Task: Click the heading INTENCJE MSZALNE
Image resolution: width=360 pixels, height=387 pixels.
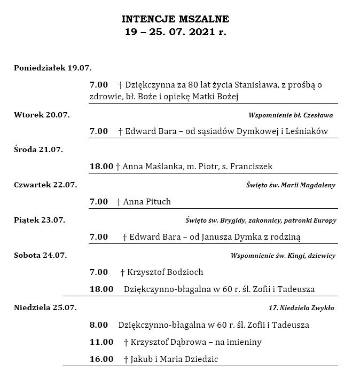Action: point(176,20)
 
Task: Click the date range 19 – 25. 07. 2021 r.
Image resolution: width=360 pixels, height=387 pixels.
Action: point(176,32)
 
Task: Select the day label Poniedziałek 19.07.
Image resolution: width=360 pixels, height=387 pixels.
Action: point(52,68)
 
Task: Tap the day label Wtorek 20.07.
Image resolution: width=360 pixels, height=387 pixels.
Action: point(42,115)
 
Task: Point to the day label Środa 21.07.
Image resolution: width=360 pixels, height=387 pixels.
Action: point(38,149)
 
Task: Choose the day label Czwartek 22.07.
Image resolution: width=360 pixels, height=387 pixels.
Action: point(45,185)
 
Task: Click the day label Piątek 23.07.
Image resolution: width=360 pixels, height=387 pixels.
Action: point(40,220)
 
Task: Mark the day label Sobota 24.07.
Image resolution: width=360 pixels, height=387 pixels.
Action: point(41,255)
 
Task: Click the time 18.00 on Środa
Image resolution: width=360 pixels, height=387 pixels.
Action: point(101,167)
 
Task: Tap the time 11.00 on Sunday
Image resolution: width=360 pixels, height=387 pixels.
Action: point(101,342)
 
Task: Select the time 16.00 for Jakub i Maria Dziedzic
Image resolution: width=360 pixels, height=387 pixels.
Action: point(101,359)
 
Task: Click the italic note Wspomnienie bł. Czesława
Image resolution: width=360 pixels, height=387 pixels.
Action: point(291,115)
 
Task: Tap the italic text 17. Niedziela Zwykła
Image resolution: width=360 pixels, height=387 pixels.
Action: point(301,307)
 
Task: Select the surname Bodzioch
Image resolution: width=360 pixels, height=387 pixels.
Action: point(184,272)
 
